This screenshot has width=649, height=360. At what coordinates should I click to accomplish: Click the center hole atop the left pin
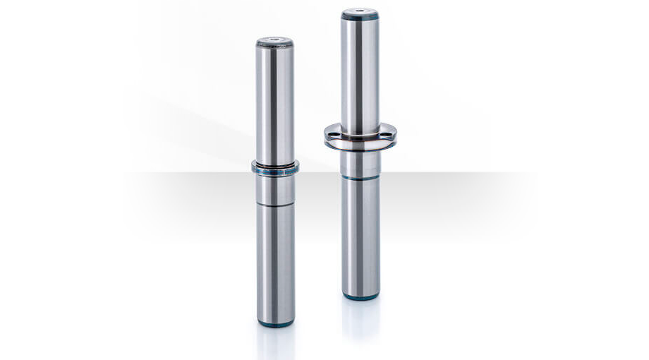coord(274,41)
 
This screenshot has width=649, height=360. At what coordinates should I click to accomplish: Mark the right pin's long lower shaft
coord(361,233)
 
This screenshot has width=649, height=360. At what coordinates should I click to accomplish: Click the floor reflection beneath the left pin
coord(276,342)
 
